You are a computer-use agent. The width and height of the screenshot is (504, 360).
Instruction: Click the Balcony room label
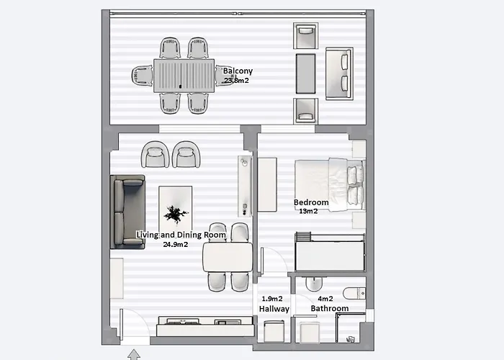(238, 71)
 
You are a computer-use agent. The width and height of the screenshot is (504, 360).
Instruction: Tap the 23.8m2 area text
(236, 81)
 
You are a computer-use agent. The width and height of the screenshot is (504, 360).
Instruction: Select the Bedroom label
(311, 202)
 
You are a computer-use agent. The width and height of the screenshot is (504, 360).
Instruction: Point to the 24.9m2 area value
(176, 244)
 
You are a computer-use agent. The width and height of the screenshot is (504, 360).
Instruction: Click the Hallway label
(274, 309)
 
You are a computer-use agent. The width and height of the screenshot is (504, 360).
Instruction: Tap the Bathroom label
(330, 309)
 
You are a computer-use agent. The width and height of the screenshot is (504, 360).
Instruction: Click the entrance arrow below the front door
(134, 354)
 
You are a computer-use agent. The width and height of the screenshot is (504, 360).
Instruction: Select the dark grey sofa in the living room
(127, 212)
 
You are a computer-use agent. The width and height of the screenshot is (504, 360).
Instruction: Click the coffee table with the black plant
(176, 210)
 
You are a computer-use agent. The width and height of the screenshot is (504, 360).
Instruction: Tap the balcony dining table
(184, 76)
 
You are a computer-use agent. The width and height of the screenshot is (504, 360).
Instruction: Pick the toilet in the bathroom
(354, 293)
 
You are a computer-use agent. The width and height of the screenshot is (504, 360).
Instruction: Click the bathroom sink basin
(314, 284)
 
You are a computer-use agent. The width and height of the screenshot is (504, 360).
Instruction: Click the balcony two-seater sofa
(339, 73)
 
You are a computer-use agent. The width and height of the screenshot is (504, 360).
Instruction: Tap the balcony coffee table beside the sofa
(305, 73)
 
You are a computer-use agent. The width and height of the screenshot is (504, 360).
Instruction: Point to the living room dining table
(228, 257)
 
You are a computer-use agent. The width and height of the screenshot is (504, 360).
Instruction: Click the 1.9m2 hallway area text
(272, 299)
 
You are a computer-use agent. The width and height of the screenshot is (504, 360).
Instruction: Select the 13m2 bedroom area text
(309, 211)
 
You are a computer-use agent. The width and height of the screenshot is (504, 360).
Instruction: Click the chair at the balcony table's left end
(142, 76)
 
